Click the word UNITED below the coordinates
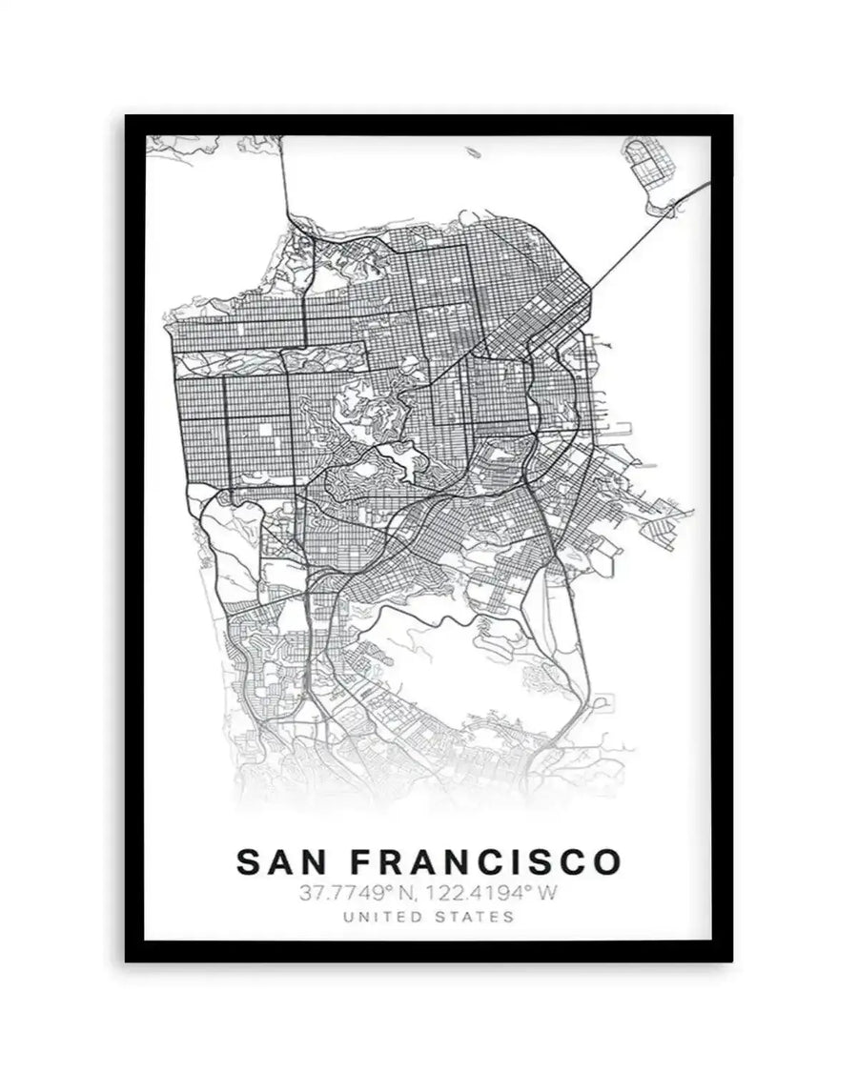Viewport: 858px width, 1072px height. point(378,918)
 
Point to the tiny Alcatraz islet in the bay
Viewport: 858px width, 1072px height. point(467,150)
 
